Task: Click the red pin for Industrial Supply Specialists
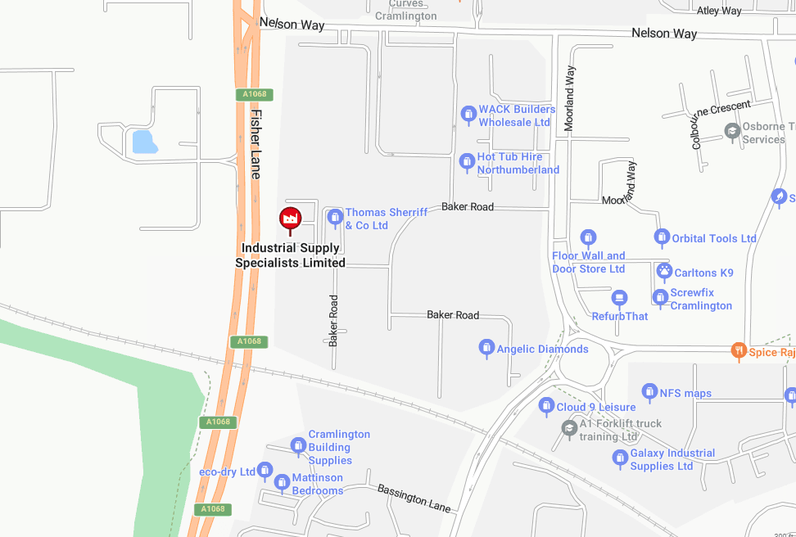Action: [290, 219]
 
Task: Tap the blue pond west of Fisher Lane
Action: [143, 142]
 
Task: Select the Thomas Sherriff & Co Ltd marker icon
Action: [334, 217]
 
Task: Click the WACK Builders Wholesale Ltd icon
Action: [468, 113]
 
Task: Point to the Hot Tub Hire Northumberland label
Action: [518, 164]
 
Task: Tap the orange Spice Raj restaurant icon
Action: [738, 351]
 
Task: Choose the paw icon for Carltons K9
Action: [663, 270]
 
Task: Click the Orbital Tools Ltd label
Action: [714, 238]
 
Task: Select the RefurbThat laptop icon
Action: [620, 297]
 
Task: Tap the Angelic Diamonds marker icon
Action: [486, 348]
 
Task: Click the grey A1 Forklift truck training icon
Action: [569, 426]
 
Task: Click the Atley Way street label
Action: [718, 11]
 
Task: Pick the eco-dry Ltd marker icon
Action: [265, 470]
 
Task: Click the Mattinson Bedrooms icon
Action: [282, 481]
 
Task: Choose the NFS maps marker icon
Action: [649, 392]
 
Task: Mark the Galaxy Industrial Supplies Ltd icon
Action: [620, 458]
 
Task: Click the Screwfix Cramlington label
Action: [701, 299]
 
